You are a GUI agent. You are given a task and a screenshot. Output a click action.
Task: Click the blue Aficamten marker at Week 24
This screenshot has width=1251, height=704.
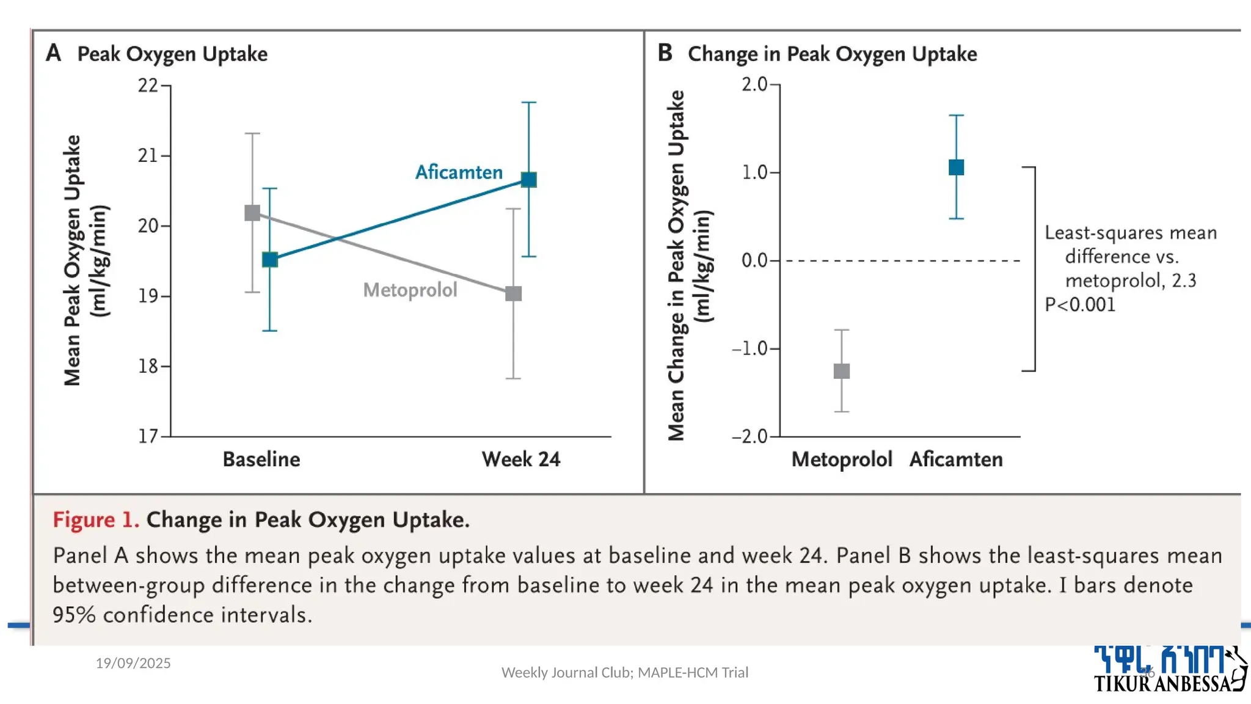pyautogui.click(x=528, y=180)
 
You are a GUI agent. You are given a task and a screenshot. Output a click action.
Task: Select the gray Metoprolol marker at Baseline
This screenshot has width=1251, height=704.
pyautogui.click(x=252, y=213)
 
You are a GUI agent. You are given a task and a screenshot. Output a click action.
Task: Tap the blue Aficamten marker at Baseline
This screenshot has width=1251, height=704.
pyautogui.click(x=270, y=260)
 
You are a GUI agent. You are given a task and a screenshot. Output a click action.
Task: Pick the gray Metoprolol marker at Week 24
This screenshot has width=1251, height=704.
pyautogui.click(x=513, y=294)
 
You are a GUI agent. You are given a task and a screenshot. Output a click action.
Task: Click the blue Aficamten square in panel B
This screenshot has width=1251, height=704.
pyautogui.click(x=956, y=167)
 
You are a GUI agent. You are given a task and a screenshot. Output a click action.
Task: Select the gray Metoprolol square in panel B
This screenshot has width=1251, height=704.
pyautogui.click(x=842, y=371)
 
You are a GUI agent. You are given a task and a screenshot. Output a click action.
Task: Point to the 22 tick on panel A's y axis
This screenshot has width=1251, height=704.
pyautogui.click(x=148, y=86)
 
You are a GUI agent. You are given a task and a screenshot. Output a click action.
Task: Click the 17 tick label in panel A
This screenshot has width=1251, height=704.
pyautogui.click(x=148, y=436)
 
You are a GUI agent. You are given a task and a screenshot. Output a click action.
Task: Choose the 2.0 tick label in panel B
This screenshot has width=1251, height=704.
pyautogui.click(x=754, y=84)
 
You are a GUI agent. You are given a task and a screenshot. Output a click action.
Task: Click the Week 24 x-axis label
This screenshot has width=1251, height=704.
pyautogui.click(x=520, y=460)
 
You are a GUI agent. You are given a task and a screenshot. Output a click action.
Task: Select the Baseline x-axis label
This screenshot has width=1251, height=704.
pyautogui.click(x=261, y=460)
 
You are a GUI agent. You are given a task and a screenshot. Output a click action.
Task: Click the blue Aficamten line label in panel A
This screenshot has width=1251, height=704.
pyautogui.click(x=459, y=172)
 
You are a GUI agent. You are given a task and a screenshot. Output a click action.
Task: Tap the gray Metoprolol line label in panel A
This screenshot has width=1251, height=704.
pyautogui.click(x=410, y=290)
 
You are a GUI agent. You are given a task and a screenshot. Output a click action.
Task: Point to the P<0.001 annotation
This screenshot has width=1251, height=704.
pyautogui.click(x=1080, y=304)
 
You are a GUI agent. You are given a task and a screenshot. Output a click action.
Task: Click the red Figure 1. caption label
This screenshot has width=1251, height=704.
pyautogui.click(x=96, y=520)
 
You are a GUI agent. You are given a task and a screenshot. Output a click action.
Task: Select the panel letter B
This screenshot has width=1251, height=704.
pyautogui.click(x=665, y=53)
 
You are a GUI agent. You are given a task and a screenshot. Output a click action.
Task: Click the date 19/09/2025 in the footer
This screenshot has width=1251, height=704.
pyautogui.click(x=133, y=663)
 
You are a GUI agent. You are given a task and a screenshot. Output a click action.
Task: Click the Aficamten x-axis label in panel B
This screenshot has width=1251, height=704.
pyautogui.click(x=956, y=460)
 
